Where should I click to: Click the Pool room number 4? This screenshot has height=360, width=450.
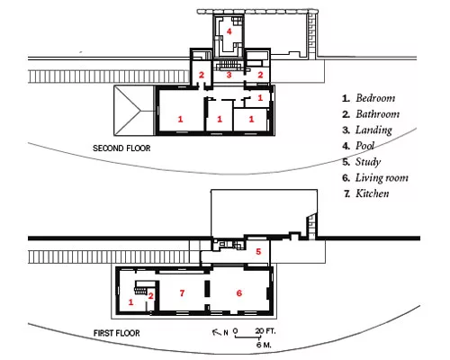click(229, 31)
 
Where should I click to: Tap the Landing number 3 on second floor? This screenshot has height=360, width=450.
click(229, 75)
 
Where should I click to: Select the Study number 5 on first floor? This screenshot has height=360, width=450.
click(258, 251)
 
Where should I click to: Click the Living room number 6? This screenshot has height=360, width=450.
click(239, 293)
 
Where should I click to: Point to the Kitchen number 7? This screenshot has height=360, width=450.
click(182, 293)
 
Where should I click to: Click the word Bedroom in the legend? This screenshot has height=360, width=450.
click(375, 98)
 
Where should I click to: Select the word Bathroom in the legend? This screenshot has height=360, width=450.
click(378, 114)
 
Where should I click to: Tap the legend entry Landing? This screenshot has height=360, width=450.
click(373, 130)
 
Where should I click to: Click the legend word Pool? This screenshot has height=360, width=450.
click(364, 146)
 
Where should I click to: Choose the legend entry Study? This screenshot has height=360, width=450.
click(368, 162)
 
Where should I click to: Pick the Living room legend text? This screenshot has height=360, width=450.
click(382, 178)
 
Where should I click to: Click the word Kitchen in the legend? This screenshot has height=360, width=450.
click(373, 193)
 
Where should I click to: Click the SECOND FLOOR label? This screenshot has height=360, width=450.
click(121, 148)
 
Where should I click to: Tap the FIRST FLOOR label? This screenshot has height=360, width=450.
click(117, 333)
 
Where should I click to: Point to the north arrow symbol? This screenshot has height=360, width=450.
click(216, 332)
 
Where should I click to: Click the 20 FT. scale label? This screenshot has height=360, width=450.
click(265, 331)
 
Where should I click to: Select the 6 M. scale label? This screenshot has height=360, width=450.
click(264, 345)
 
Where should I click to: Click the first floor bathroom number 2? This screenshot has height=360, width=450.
click(151, 296)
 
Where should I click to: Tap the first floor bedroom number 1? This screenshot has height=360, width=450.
click(130, 302)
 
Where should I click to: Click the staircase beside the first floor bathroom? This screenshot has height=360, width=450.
click(140, 287)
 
